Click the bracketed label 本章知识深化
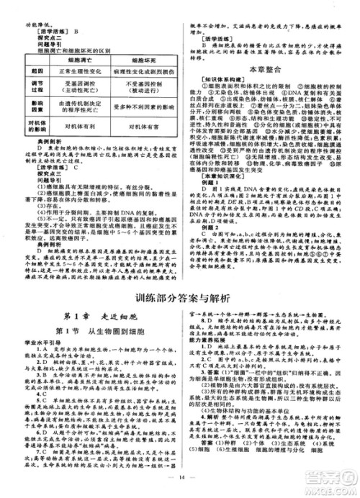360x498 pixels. (x=219, y=176)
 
